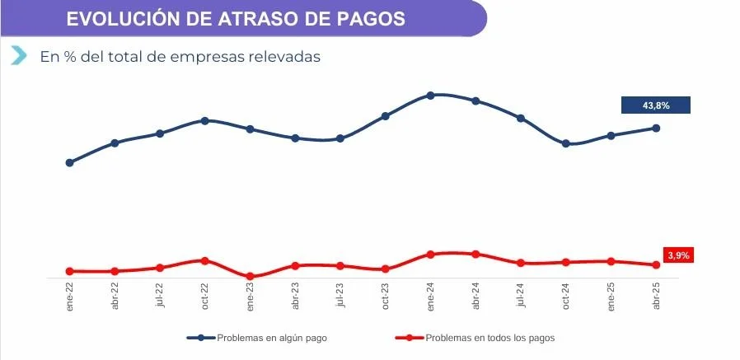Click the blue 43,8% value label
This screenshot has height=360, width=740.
coord(655,105)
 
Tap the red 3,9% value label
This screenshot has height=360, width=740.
coord(678,255)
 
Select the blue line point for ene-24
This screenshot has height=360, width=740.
coord(431,96)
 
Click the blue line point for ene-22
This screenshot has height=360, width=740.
coord(69,162)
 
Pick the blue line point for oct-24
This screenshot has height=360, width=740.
coord(566,143)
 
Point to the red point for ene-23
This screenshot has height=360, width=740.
coord(250,277)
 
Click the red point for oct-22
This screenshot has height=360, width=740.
coord(204,260)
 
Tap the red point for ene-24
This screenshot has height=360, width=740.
coord(431,254)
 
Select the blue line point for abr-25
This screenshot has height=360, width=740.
coord(656,128)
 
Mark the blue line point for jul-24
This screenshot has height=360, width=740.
coord(521,118)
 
